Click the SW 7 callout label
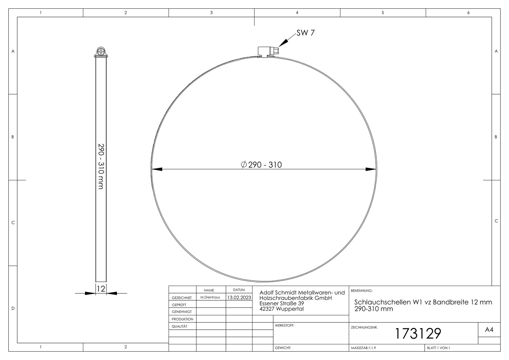305,33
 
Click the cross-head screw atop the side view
101,51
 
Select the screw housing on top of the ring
268,52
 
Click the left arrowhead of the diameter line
157,169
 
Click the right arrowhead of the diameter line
371,169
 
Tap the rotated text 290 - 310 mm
101,166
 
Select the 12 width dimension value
101,289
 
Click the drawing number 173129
418,334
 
